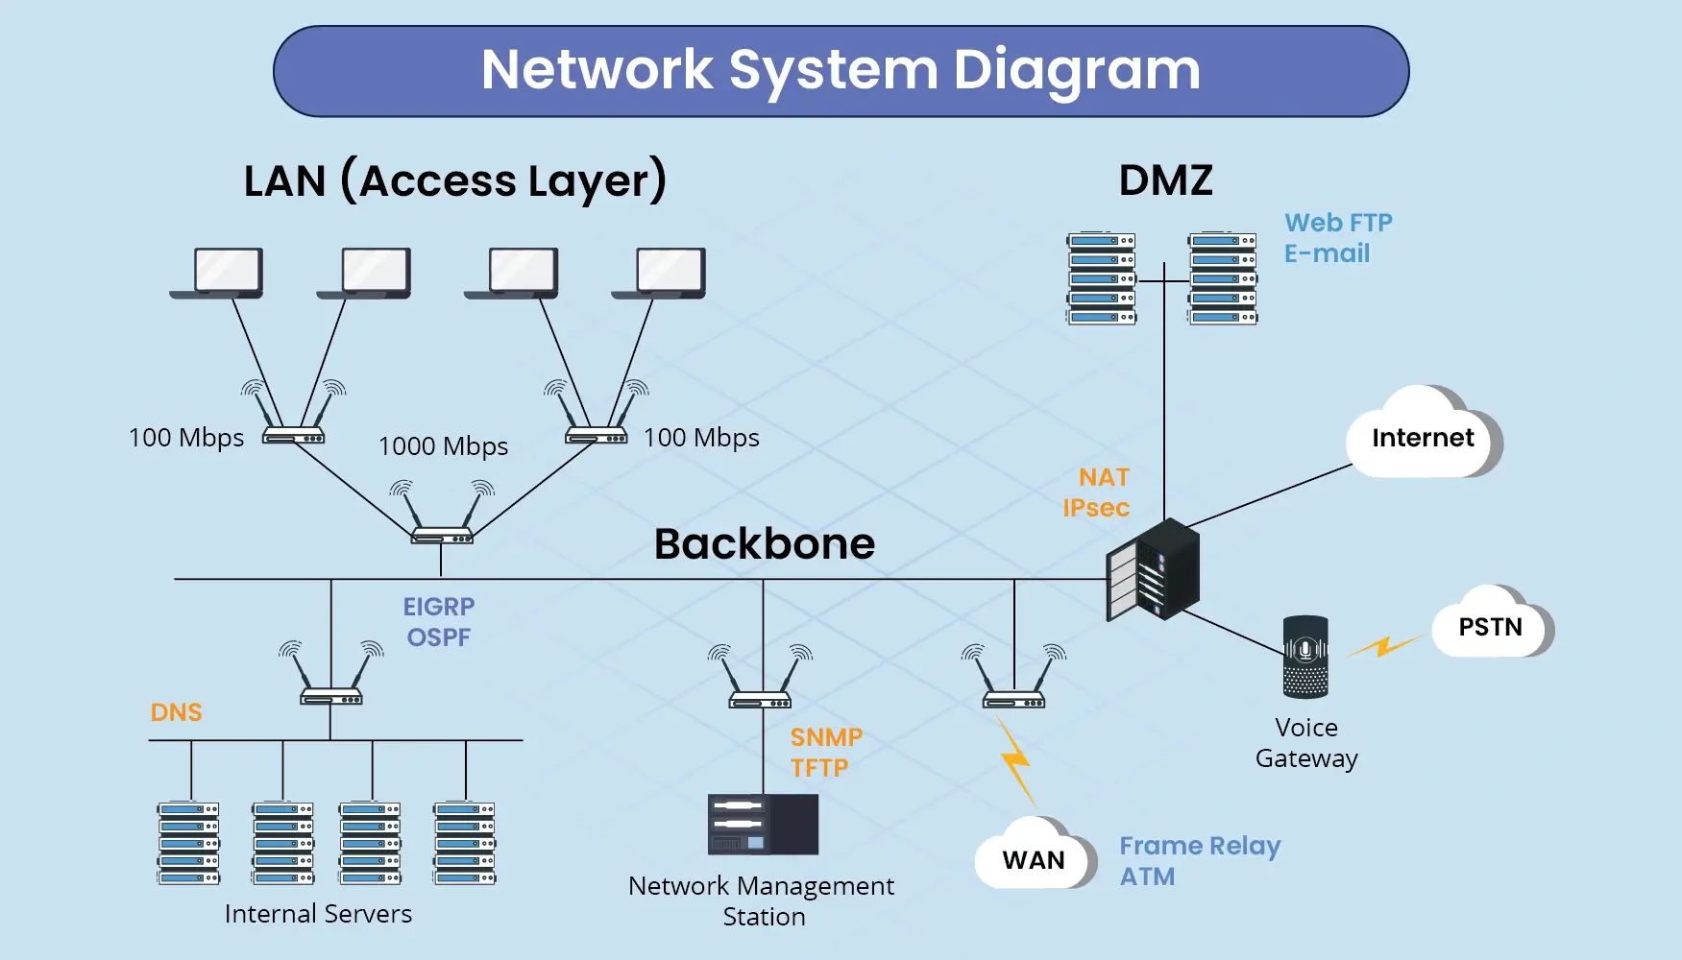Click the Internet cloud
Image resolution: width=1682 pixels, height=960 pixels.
pos(1423,437)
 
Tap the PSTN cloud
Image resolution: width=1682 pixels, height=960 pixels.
pos(1490,626)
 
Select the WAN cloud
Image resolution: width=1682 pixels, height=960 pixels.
pos(1034,858)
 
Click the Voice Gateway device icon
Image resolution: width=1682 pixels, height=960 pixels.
pos(1305,657)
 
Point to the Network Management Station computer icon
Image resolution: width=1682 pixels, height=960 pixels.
pos(763,824)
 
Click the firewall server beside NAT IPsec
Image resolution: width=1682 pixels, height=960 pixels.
pos(1153,569)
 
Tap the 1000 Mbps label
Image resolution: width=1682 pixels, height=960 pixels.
pos(443,446)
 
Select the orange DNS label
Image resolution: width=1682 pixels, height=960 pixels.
pos(177,712)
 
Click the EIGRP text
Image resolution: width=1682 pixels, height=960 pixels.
pos(439,607)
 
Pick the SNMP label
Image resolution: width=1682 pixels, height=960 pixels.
pos(826,737)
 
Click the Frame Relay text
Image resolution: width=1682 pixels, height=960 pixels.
pos(1200,846)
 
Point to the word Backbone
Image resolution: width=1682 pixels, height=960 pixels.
pos(765,544)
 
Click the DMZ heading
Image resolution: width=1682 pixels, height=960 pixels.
pos(1165,180)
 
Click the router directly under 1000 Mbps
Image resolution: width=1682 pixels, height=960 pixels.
pos(442,533)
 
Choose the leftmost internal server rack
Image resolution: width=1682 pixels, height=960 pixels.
pos(189,843)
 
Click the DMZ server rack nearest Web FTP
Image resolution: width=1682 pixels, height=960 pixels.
pos(1222,278)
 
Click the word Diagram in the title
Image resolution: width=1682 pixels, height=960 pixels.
pos(1077,70)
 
